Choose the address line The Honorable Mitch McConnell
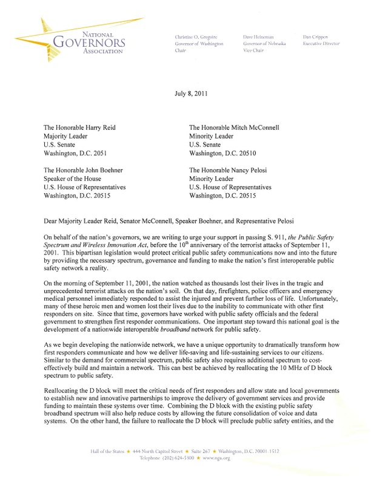(247, 129)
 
